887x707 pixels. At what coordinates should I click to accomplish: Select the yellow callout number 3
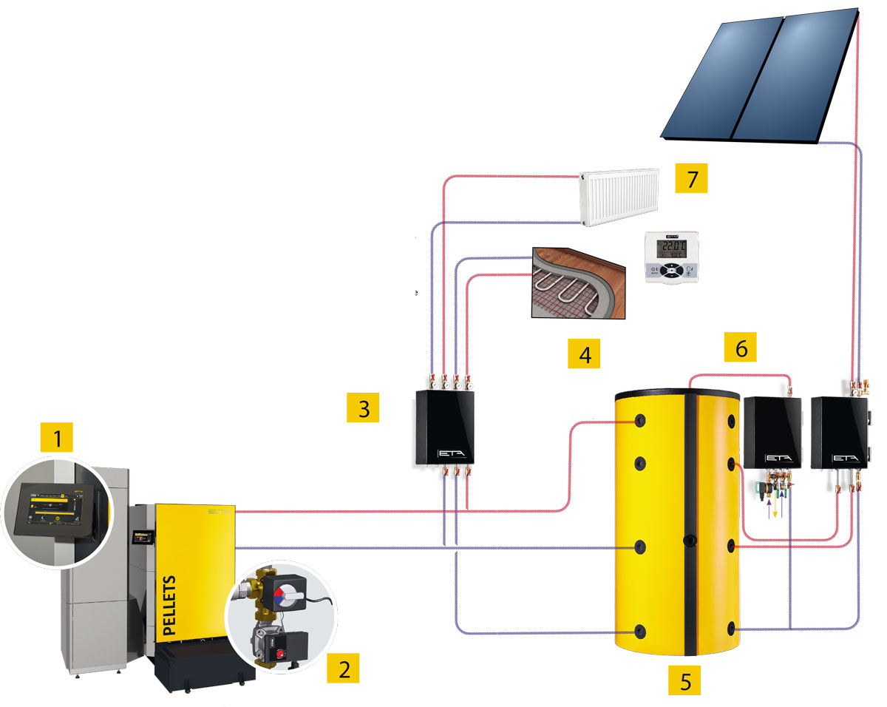(x=363, y=408)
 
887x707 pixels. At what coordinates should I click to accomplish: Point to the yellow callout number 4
(x=585, y=355)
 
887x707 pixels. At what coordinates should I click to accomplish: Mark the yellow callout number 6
(x=741, y=348)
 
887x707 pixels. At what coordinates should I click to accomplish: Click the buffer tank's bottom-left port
(x=640, y=632)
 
